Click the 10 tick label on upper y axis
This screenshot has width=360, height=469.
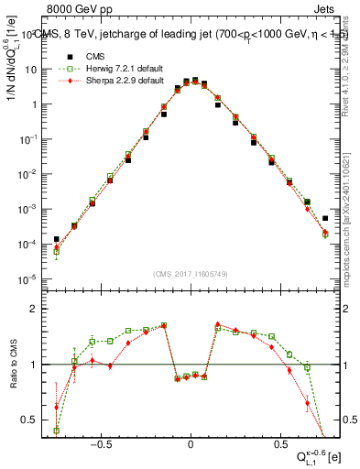[29, 70]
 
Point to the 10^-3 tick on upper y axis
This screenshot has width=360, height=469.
[29, 210]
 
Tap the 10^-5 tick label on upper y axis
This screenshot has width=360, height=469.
[29, 279]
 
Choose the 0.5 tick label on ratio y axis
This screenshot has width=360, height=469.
[29, 420]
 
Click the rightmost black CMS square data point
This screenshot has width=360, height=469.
[325, 218]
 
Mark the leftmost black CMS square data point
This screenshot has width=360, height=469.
[56, 239]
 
